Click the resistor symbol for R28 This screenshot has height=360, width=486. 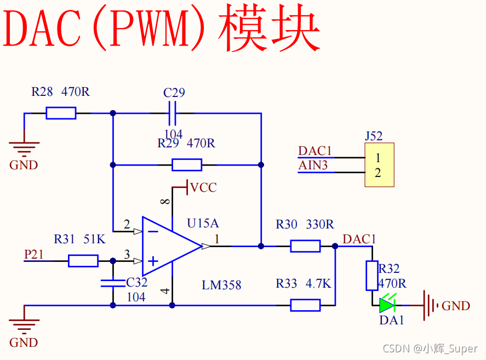(61, 113)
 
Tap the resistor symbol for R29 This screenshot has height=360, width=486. (186, 164)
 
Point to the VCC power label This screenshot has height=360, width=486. (203, 188)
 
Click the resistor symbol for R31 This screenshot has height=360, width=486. (83, 261)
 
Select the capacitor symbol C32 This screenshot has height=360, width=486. (113, 283)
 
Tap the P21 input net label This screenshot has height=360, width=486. (33, 254)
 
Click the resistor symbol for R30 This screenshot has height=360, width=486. (305, 246)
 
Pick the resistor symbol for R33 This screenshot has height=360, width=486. (305, 305)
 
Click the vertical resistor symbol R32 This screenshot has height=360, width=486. (372, 276)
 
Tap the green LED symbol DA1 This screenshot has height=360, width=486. (387, 305)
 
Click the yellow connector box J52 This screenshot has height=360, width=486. (380, 165)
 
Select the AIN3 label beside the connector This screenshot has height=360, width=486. (313, 165)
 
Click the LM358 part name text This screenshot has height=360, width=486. (221, 285)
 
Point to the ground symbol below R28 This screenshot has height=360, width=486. (24, 146)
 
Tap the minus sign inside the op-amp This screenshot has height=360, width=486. (153, 231)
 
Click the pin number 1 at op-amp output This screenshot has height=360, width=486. (217, 238)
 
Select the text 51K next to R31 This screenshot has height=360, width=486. (94, 239)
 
